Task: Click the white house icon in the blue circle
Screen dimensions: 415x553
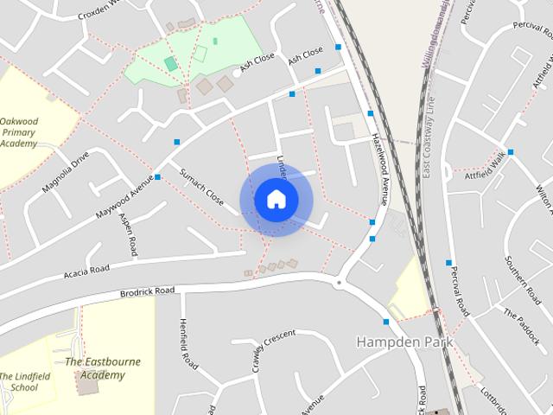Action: (x=276, y=199)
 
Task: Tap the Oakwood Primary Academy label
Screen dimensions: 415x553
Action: (x=19, y=133)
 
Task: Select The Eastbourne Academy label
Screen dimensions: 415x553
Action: (x=103, y=368)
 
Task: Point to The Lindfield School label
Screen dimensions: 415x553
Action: (x=19, y=381)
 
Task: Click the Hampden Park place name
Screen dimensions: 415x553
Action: (x=404, y=342)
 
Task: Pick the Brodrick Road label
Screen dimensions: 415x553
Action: (x=147, y=292)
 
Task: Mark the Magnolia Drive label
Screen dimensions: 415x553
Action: (x=68, y=171)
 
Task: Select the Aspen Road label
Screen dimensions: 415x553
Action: (x=129, y=234)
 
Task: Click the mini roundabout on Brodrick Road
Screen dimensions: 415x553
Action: (x=339, y=282)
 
